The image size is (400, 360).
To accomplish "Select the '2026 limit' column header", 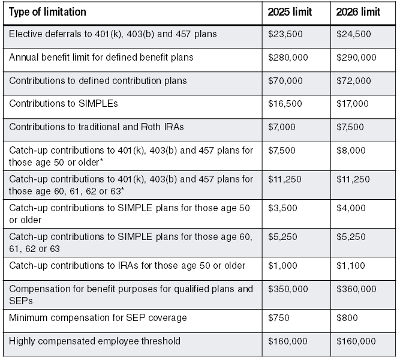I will [358, 12].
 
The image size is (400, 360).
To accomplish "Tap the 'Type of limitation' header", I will [48, 12].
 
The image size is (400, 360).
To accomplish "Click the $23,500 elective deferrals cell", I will [284, 35].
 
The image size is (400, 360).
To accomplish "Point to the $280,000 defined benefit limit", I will [286, 58].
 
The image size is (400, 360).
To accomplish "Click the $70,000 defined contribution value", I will [284, 80].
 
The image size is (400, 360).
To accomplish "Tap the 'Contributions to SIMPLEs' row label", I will [64, 103].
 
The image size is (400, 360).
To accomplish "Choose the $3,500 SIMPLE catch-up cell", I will [281, 208].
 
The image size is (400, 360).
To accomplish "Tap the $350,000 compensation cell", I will [286, 289].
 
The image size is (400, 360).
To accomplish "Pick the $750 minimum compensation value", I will [278, 318].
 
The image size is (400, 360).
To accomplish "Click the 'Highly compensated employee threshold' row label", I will [92, 341].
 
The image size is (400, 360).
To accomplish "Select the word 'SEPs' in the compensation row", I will [20, 300].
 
